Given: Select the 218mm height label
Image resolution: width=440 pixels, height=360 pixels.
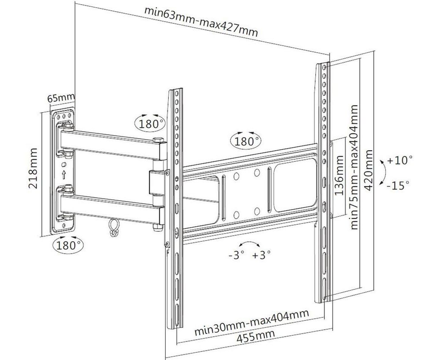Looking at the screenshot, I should [x=33, y=168].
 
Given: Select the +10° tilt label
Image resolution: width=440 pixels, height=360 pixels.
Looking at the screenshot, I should [x=400, y=161].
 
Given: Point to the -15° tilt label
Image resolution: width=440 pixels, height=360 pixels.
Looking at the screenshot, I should [x=397, y=186].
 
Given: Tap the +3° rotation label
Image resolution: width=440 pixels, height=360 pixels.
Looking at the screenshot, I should [x=261, y=255].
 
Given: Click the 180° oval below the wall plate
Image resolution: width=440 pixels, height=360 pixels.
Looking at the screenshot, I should [x=68, y=246].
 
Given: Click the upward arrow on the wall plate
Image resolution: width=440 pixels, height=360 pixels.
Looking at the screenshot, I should [x=64, y=174].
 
